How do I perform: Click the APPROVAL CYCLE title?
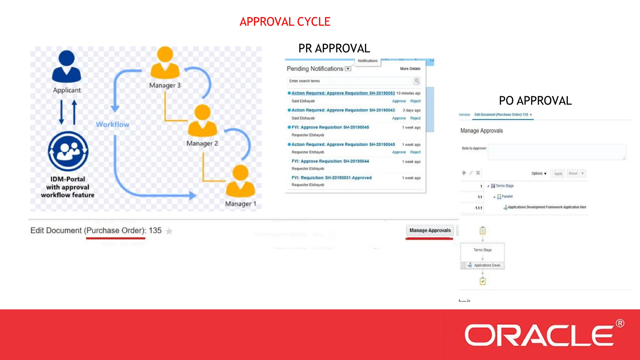point(285,22)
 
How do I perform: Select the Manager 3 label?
point(165,85)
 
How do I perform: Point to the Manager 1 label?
point(241,204)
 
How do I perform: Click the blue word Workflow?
point(112,124)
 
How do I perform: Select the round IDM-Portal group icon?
point(68,151)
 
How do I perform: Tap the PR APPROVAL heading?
point(334,48)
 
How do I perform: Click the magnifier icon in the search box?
point(417,81)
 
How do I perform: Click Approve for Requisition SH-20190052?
point(399,101)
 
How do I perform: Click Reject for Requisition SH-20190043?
point(415,118)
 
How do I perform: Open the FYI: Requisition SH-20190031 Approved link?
point(331,178)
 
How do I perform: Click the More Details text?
point(410,69)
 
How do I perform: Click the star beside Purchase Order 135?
point(169,231)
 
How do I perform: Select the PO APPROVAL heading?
point(535,101)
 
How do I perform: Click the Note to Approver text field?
point(557,152)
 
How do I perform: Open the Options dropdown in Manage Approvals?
point(539,173)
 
